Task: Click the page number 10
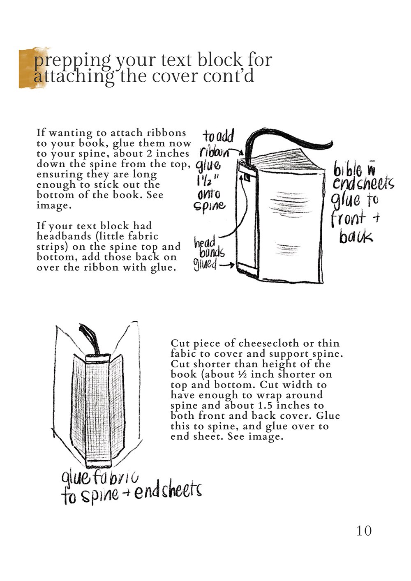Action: (x=364, y=530)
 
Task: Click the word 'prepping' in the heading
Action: (x=72, y=60)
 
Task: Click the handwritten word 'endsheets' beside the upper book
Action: (x=363, y=184)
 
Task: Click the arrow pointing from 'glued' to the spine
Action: (x=227, y=265)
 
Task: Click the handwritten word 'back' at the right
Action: (x=356, y=237)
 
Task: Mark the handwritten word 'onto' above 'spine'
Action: (x=208, y=193)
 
